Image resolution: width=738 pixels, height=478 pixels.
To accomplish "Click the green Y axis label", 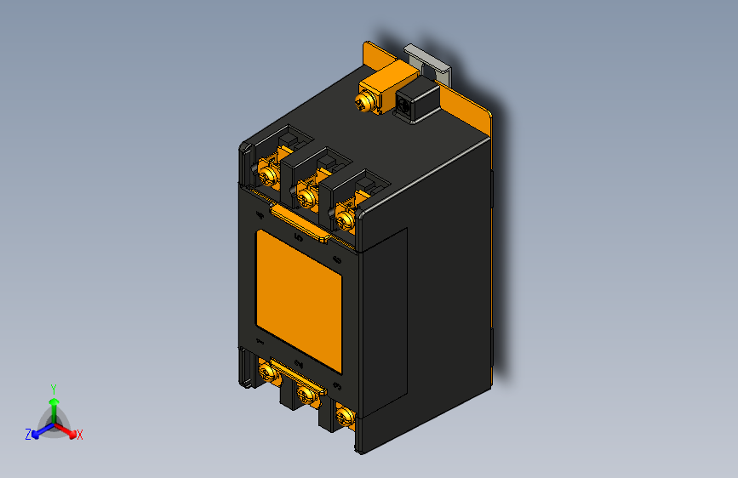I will tap(54, 388).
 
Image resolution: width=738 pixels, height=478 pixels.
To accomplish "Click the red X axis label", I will tap(80, 435).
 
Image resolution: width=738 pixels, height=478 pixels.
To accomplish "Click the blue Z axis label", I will tap(28, 434).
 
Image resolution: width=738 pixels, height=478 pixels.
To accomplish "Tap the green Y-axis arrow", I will tap(54, 405).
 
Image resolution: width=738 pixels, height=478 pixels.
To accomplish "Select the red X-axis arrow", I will tap(68, 430).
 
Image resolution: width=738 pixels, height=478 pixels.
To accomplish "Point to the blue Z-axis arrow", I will tap(39, 430).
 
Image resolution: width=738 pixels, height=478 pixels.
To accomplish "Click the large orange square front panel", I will tap(299, 300).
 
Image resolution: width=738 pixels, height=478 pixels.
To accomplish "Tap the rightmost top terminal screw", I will tap(345, 219).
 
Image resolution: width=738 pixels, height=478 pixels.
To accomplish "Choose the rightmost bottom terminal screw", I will tap(344, 416).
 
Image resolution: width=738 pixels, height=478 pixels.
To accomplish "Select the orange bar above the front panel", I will tap(300, 222).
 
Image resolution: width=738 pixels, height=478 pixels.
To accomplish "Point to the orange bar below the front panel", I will tap(298, 374).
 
